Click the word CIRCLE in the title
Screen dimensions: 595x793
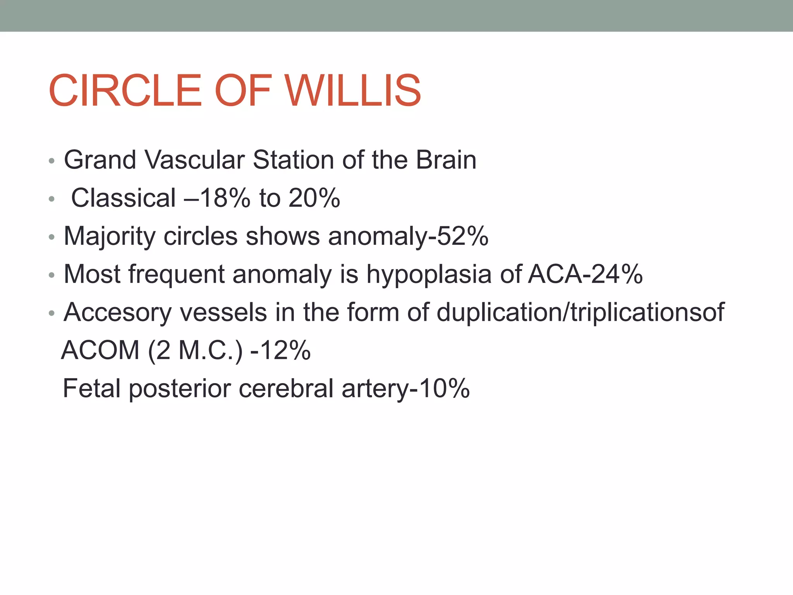click(x=125, y=91)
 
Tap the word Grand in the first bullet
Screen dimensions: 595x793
click(x=100, y=160)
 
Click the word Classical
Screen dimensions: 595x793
click(x=124, y=198)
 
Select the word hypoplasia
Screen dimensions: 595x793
click(x=429, y=274)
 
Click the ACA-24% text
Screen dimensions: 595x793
click(x=585, y=274)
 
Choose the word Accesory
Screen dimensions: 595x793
click(x=117, y=312)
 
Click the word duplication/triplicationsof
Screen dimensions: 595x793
click(x=580, y=312)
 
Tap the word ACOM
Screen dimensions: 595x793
click(x=100, y=350)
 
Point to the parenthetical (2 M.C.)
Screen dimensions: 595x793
click(x=196, y=350)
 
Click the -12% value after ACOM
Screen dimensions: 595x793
click(x=281, y=350)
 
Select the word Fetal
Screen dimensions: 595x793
click(x=92, y=388)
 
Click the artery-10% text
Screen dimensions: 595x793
click(x=405, y=388)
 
